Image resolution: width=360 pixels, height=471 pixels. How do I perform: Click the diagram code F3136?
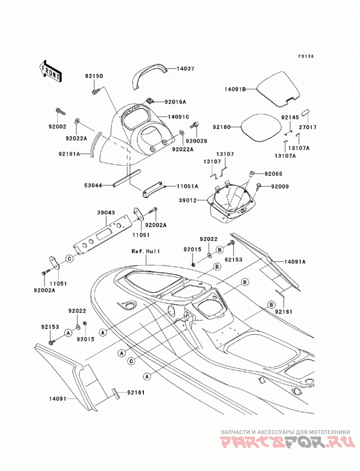[x=306, y=56]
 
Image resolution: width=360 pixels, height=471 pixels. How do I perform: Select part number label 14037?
[x=185, y=68]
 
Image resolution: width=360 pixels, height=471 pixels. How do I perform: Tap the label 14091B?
[x=235, y=89]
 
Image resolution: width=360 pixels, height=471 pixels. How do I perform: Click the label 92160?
[x=221, y=127]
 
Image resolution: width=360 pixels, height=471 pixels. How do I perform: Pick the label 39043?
[x=106, y=212]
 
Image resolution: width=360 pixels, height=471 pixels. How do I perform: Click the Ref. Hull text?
[x=146, y=251]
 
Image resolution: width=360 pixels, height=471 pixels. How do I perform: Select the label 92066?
[x=274, y=174]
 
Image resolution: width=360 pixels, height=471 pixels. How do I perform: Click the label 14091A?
[x=295, y=262]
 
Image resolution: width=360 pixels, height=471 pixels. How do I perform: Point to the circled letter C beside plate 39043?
[x=69, y=258]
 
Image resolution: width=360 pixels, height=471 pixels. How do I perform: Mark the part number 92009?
[x=280, y=187]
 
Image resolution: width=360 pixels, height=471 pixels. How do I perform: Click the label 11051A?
[x=188, y=186]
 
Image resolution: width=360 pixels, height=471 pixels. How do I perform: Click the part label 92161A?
[x=69, y=154]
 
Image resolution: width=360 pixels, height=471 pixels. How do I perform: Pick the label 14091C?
[x=179, y=117]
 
